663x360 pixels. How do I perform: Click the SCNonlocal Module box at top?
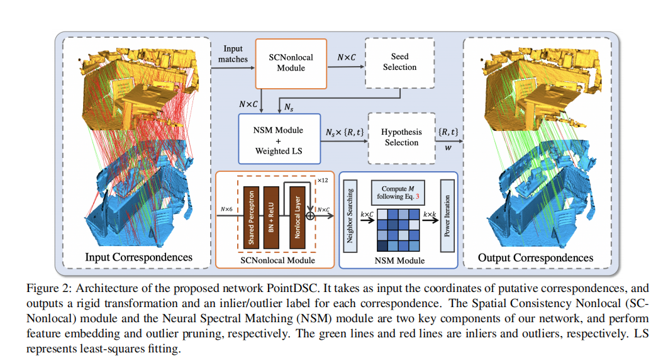pyautogui.click(x=291, y=63)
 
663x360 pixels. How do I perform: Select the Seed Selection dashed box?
pyautogui.click(x=399, y=62)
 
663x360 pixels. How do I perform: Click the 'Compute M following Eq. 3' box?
pyautogui.click(x=398, y=192)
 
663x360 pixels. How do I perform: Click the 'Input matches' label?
pyautogui.click(x=233, y=54)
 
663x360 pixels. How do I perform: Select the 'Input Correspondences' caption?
pyautogui.click(x=138, y=257)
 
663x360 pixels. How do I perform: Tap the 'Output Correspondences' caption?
pyautogui.click(x=535, y=257)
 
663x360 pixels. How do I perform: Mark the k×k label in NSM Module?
pyautogui.click(x=430, y=215)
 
